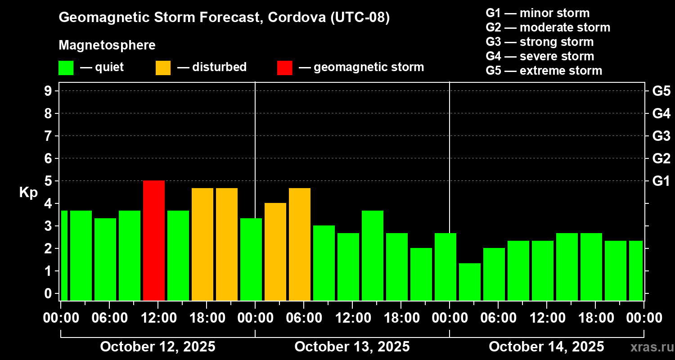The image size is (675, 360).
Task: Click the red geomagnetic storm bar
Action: click(154, 240)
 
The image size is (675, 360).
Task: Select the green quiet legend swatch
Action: click(66, 67)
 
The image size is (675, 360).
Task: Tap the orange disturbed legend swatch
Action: click(163, 67)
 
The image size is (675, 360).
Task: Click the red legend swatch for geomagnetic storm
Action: click(284, 67)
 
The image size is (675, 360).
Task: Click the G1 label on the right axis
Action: click(661, 181)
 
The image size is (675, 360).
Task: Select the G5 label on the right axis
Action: click(661, 91)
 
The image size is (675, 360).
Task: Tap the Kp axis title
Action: click(28, 192)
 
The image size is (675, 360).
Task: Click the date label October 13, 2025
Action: click(352, 346)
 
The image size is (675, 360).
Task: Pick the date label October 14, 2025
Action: click(546, 346)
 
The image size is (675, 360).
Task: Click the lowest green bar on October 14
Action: click(470, 282)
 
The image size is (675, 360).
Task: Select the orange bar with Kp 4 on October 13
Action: click(275, 252)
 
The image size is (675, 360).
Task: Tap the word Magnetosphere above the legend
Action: click(107, 45)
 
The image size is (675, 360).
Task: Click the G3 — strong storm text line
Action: click(540, 42)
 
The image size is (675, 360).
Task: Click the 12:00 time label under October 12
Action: click(158, 318)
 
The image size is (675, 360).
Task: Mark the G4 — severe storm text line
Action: click(540, 56)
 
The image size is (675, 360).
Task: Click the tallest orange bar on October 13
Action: click(300, 244)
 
